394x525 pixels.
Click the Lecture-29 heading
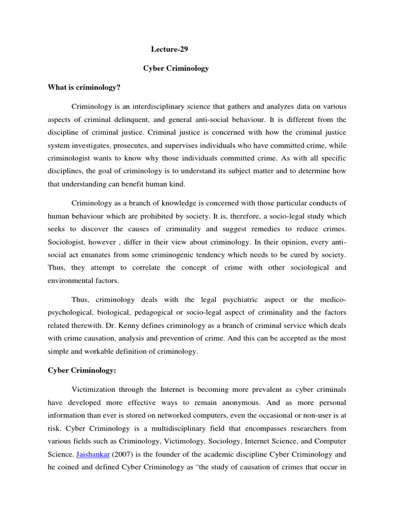[x=166, y=49]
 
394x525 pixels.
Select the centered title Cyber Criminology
[x=175, y=68]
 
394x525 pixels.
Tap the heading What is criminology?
[x=84, y=87]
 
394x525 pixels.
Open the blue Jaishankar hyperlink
[x=92, y=454]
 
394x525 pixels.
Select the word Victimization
[x=95, y=388]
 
